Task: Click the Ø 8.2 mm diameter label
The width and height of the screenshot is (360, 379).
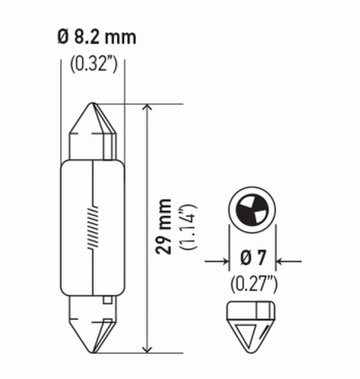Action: (97, 37)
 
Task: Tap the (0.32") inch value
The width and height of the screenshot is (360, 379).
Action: (93, 64)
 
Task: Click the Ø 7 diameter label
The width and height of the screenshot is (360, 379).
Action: (252, 260)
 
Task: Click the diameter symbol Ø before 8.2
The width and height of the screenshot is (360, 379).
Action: (64, 37)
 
